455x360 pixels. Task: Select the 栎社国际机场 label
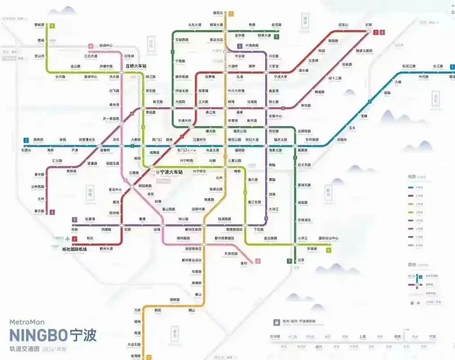coord(74,249)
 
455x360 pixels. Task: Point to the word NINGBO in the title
coord(38,336)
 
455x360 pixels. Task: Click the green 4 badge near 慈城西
coord(52,26)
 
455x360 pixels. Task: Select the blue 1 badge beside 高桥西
coord(27,140)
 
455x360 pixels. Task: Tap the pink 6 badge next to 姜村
coord(258,261)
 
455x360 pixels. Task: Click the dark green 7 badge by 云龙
coord(289,261)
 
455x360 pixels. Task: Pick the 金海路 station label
coord(135,355)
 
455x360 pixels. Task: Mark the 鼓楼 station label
coord(169,139)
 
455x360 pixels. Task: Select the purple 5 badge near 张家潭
coord(75,220)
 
